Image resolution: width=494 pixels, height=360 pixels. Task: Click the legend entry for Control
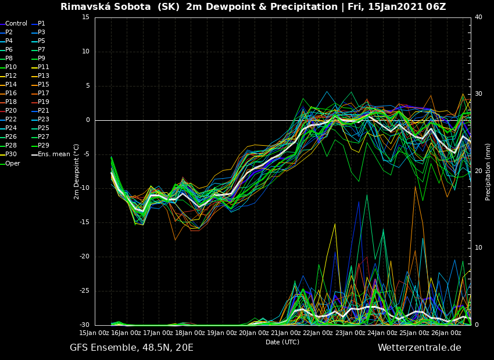(16, 24)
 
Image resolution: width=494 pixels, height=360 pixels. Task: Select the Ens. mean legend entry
(53, 154)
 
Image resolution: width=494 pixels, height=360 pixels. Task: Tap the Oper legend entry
(12, 163)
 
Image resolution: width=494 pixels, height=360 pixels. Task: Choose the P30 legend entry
(11, 154)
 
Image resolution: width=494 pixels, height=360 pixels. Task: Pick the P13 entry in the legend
(43, 76)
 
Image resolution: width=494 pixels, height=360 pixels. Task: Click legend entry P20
(11, 111)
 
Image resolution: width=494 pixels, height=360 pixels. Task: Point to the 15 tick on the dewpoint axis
(85, 17)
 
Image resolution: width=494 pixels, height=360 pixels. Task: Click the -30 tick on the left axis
(84, 325)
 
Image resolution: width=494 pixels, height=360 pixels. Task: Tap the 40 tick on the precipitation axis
(478, 17)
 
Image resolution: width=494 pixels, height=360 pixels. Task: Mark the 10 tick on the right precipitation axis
(478, 248)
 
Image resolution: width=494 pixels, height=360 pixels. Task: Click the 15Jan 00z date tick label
(94, 333)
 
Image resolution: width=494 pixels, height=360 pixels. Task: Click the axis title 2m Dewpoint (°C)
(77, 171)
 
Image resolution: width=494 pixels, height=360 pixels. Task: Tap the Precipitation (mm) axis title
(488, 171)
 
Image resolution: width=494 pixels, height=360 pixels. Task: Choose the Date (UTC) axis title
(282, 342)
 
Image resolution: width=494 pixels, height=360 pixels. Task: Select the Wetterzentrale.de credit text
(419, 348)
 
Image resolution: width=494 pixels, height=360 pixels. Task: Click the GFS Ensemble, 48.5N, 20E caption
(131, 348)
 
